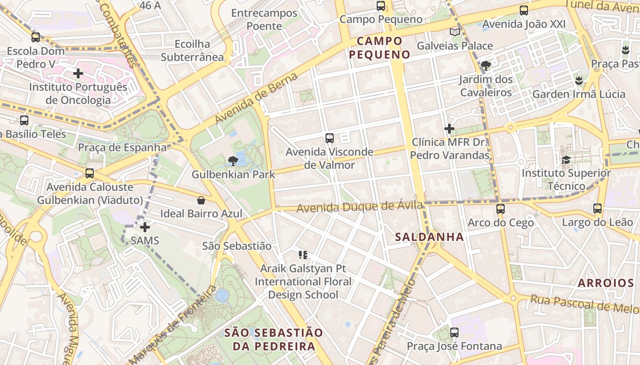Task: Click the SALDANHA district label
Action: (429, 237)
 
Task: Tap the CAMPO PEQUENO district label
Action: (379, 48)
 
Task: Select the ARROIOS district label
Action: (605, 283)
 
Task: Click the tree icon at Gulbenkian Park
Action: (233, 160)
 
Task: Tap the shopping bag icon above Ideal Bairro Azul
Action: (201, 200)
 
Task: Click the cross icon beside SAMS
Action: (145, 227)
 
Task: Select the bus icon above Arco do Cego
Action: (501, 209)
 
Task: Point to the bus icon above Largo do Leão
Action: (597, 209)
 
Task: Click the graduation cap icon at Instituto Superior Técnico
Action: (566, 160)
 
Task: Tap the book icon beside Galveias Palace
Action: (454, 32)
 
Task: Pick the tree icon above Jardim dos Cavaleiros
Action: (485, 66)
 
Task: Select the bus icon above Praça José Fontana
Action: (454, 333)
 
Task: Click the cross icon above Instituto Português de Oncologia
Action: (78, 73)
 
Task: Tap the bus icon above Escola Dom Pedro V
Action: (36, 37)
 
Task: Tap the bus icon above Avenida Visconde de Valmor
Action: (329, 138)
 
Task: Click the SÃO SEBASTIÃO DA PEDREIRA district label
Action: (273, 339)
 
